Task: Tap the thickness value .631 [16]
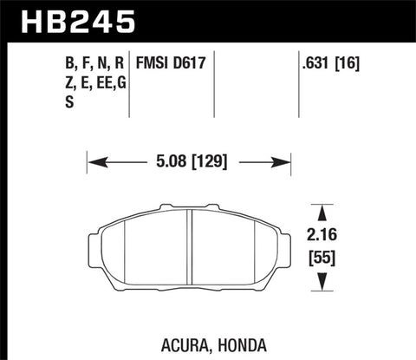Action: [325, 63]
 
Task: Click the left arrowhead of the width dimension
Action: [94, 160]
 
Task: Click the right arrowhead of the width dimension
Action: [283, 160]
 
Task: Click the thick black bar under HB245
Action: [208, 40]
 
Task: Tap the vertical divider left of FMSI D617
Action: [130, 82]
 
